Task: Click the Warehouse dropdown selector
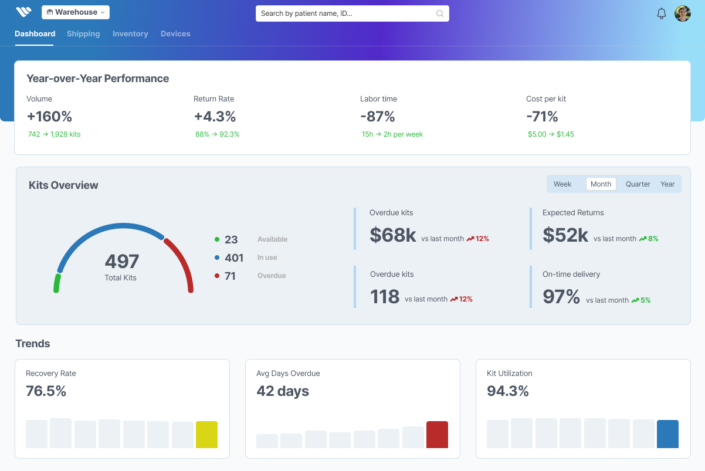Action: click(x=76, y=12)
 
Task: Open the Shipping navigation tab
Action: click(x=83, y=34)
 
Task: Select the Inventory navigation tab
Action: click(x=130, y=34)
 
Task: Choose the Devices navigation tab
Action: click(x=175, y=34)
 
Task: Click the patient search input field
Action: click(x=346, y=13)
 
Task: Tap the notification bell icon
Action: click(x=662, y=13)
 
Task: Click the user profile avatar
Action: click(x=683, y=13)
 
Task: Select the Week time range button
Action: click(x=562, y=184)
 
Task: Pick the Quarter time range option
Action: click(x=638, y=184)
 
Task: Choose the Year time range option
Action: click(x=667, y=184)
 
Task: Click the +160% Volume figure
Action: click(x=49, y=116)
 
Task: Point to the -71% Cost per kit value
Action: click(x=542, y=116)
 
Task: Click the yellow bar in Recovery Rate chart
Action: click(x=206, y=435)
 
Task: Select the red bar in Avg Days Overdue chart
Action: click(x=437, y=435)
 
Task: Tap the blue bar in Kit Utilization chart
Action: click(x=667, y=434)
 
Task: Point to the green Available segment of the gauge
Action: click(x=57, y=283)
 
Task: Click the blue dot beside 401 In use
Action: click(x=217, y=257)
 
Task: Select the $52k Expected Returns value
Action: click(x=565, y=235)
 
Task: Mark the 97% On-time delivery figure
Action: click(x=561, y=297)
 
